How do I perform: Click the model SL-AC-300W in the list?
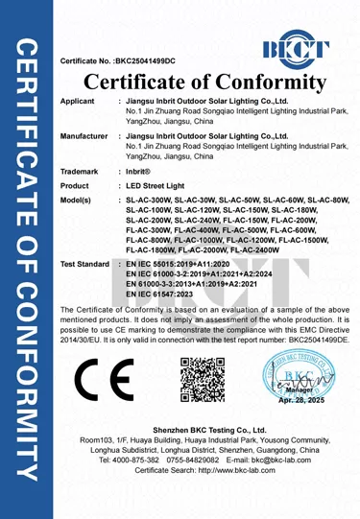point(153,201)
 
